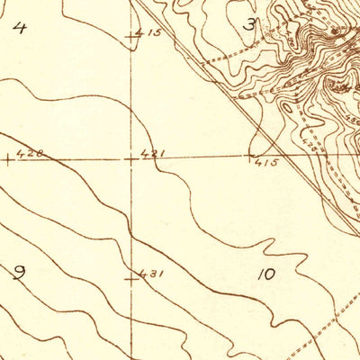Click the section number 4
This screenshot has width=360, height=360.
[x=20, y=27]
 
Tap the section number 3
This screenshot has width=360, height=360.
[x=250, y=24]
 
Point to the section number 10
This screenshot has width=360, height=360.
[x=265, y=274]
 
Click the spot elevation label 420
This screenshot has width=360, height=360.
[x=30, y=154]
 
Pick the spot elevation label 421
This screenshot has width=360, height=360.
[x=154, y=155]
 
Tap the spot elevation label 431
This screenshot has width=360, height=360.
[x=151, y=274]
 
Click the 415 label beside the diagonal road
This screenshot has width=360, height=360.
[x=267, y=164]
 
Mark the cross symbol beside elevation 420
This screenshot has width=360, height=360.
[x=8, y=159]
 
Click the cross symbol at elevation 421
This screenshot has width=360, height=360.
[x=132, y=158]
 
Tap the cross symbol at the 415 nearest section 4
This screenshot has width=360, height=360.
[x=132, y=38]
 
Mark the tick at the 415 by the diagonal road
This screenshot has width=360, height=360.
[x=250, y=157]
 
